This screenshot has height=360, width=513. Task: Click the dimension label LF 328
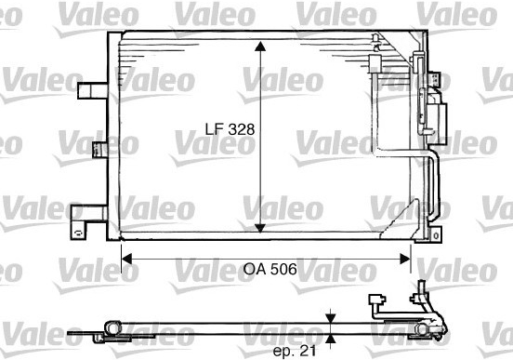pyautogui.click(x=230, y=129)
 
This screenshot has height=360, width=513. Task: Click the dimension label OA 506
pyautogui.click(x=270, y=269)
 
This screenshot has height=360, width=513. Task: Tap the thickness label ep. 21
pyautogui.click(x=295, y=351)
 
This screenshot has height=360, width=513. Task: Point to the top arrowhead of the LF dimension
pyautogui.click(x=260, y=47)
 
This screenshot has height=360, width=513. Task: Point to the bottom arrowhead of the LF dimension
pyautogui.click(x=260, y=228)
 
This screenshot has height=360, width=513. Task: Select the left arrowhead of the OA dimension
pyautogui.click(x=126, y=259)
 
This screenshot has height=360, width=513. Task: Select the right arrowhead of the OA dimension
pyautogui.click(x=405, y=259)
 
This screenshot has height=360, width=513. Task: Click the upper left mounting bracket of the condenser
pyautogui.click(x=93, y=91)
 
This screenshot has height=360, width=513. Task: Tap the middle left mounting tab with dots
pyautogui.click(x=100, y=150)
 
